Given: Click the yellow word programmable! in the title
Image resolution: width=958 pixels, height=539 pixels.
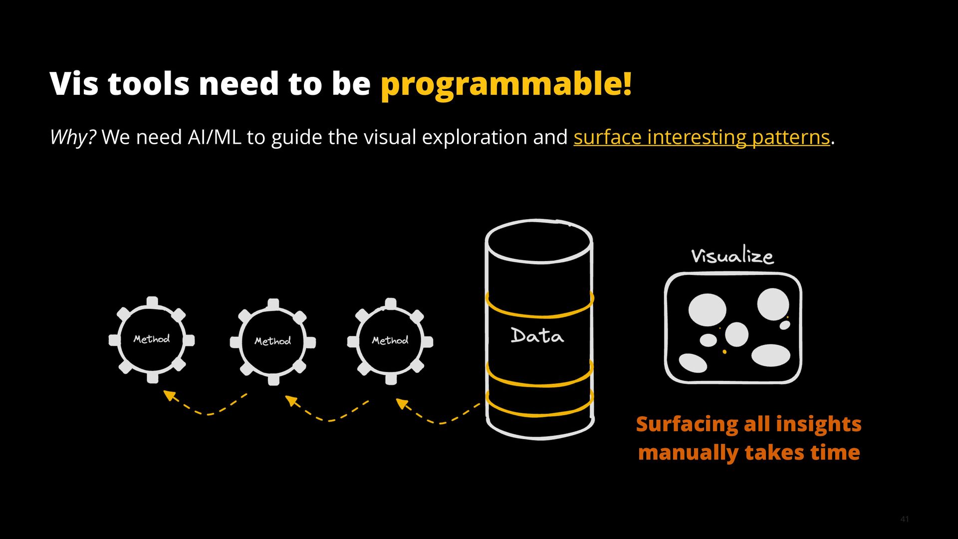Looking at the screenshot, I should [x=506, y=84].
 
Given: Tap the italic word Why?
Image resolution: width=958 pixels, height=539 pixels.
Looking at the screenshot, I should [x=73, y=137].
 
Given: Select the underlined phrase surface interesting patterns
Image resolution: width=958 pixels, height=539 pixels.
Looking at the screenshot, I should [x=702, y=137].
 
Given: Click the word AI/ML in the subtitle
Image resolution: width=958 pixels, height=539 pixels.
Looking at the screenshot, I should [x=214, y=137].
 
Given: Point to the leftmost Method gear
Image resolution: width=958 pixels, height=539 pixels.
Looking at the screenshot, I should [x=152, y=340].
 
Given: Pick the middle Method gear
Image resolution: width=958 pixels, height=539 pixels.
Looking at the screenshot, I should [x=273, y=342].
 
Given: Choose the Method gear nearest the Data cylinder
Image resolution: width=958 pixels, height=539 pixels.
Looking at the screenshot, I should [x=390, y=341].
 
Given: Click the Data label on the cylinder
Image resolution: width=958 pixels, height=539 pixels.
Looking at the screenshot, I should [x=537, y=336].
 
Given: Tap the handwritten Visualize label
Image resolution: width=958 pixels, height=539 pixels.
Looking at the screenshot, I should [x=732, y=256].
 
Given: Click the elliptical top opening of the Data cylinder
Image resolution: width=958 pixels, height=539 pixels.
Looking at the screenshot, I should [x=539, y=242].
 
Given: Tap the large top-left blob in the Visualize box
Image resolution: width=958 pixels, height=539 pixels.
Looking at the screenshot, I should [x=707, y=309].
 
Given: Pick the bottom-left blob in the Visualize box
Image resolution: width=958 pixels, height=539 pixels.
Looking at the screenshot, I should [x=693, y=363].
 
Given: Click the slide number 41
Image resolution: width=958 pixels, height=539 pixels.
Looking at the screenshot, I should [x=905, y=520].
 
